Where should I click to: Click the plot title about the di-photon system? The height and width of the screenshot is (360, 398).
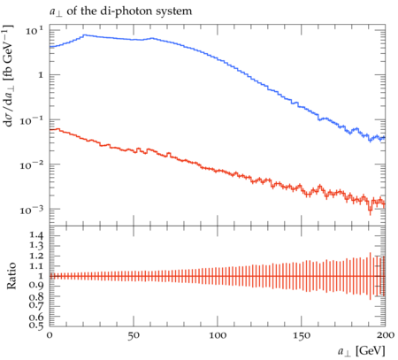point(120,11)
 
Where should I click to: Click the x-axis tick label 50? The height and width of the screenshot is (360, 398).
point(134,336)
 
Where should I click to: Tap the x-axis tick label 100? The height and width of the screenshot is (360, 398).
point(218,336)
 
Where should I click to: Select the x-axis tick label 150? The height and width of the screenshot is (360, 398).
point(302,336)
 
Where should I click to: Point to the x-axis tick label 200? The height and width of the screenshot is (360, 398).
point(386,335)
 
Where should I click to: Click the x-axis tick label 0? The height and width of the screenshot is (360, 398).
point(50,335)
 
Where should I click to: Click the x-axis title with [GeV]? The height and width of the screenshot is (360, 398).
point(362,351)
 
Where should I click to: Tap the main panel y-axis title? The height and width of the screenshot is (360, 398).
point(9,76)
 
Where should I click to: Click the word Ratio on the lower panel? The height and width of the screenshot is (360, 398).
point(11,276)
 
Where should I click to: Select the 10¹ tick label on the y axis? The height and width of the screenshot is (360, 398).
point(34,30)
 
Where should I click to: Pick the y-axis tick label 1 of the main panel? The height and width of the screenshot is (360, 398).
point(41,75)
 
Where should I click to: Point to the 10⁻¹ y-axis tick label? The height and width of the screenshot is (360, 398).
point(31,120)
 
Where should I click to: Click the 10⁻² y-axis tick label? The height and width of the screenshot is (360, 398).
point(31,165)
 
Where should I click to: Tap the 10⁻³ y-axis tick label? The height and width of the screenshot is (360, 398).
point(31,210)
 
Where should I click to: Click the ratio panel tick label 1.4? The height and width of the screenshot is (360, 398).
point(36,235)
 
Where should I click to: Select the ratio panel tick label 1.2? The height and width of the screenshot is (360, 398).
point(36,256)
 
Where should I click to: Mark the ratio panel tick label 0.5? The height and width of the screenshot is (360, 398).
point(36,326)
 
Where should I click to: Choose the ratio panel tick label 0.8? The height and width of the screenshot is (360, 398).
point(36,296)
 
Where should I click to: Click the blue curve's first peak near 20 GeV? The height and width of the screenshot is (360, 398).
point(85,35)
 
